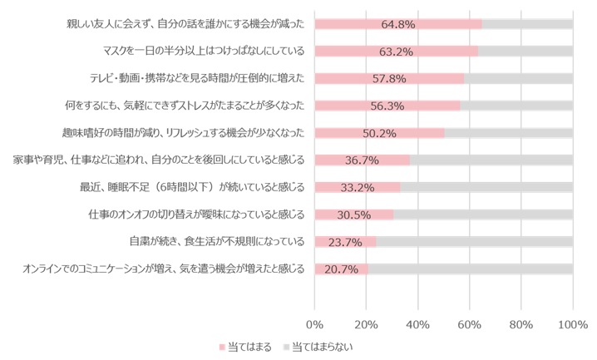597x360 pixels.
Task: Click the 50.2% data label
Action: [x=379, y=133]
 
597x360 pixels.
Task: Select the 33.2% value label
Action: [x=358, y=187]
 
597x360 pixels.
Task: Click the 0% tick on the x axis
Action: [x=315, y=323]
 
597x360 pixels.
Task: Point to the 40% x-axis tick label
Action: [x=418, y=323]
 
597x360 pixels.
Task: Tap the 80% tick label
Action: [x=521, y=323]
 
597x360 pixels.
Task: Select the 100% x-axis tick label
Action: [x=573, y=323]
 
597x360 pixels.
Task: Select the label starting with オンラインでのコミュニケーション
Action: [x=163, y=269]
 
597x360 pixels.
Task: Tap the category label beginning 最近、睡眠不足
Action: [x=191, y=187]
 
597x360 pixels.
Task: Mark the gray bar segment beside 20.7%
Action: [x=470, y=269]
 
